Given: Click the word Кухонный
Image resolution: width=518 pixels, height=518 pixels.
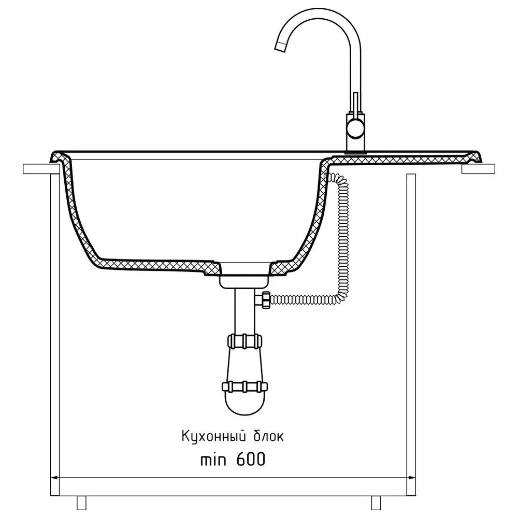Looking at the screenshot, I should click(216, 436).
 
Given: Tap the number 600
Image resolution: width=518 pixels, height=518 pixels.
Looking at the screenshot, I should click(250, 459).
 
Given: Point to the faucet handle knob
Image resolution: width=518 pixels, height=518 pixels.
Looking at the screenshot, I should click(355, 127).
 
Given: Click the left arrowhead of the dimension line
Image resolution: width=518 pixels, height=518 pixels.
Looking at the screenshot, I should click(53, 477).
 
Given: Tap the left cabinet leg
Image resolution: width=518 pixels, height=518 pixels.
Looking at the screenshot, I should click(82, 502).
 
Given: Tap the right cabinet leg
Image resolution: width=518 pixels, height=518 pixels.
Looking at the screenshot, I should click(377, 502).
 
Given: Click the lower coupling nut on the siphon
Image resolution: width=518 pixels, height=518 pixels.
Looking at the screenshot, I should click(244, 386).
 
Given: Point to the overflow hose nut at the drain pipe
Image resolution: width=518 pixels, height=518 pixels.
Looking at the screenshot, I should click(265, 300).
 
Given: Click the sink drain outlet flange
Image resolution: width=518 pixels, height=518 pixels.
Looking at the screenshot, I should click(244, 281).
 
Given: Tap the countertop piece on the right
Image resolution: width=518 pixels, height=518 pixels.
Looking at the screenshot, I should click(478, 169).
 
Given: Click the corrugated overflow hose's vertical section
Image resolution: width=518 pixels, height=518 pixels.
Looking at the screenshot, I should click(342, 233).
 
